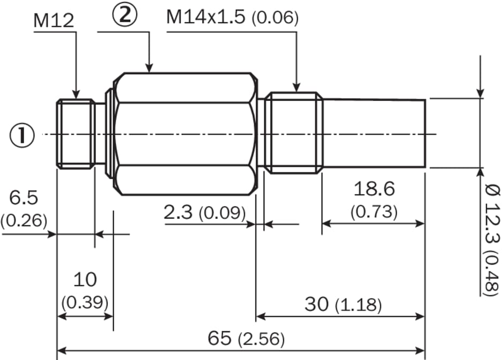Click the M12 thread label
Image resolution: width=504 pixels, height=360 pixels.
pyautogui.click(x=54, y=21)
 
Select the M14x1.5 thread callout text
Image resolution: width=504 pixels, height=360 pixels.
pyautogui.click(x=206, y=17)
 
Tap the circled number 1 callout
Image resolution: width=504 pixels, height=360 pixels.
pyautogui.click(x=22, y=135)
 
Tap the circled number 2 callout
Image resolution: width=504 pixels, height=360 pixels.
pyautogui.click(x=124, y=15)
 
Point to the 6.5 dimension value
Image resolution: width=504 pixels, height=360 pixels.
pyautogui.click(x=24, y=197)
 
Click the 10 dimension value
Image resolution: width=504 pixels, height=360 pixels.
pyautogui.click(x=85, y=280)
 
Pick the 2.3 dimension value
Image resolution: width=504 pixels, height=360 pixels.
pyautogui.click(x=179, y=212)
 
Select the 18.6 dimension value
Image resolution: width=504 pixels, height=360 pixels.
pyautogui.click(x=374, y=189)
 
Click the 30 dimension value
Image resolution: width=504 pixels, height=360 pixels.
pyautogui.click(x=316, y=304)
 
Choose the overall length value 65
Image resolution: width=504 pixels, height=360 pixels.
pyautogui.click(x=219, y=338)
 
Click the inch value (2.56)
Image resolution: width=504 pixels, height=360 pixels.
pyautogui.click(x=261, y=340)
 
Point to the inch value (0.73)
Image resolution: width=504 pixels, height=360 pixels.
pyautogui.click(x=374, y=212)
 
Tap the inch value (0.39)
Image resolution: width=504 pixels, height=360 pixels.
pyautogui.click(x=85, y=303)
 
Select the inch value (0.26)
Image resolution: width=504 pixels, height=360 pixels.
pyautogui.click(x=24, y=221)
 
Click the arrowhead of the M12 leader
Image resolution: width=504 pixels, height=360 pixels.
pyautogui.click(x=76, y=94)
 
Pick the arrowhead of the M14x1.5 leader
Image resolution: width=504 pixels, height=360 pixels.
pyautogui.click(x=297, y=87)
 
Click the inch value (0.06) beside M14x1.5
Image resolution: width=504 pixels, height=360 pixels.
pyautogui.click(x=275, y=18)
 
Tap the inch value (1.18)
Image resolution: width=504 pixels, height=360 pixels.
pyautogui.click(x=358, y=305)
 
